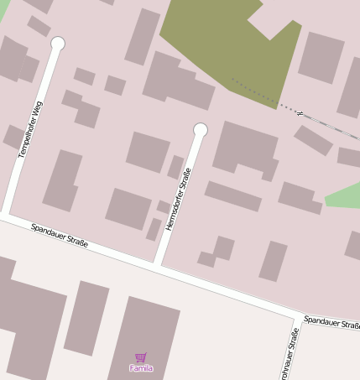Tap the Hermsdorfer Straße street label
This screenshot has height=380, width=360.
click(179, 200)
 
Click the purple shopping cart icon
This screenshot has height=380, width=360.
click(140, 357)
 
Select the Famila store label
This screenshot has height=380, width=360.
click(141, 368)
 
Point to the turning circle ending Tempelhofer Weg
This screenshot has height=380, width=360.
click(58, 43)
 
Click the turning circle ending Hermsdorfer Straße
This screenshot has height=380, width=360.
click(200, 129)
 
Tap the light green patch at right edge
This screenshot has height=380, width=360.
click(344, 196)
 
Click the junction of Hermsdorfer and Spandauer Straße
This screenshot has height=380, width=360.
click(158, 265)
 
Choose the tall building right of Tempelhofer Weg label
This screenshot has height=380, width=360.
click(62, 180)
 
